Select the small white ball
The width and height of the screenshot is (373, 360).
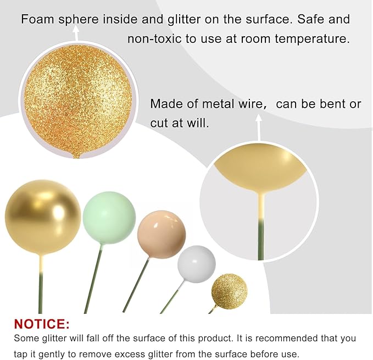pos(196,264)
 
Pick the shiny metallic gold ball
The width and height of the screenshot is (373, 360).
pos(43,217)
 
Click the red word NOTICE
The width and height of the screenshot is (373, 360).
pos(42,323)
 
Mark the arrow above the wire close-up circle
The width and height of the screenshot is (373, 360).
pos(259,126)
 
